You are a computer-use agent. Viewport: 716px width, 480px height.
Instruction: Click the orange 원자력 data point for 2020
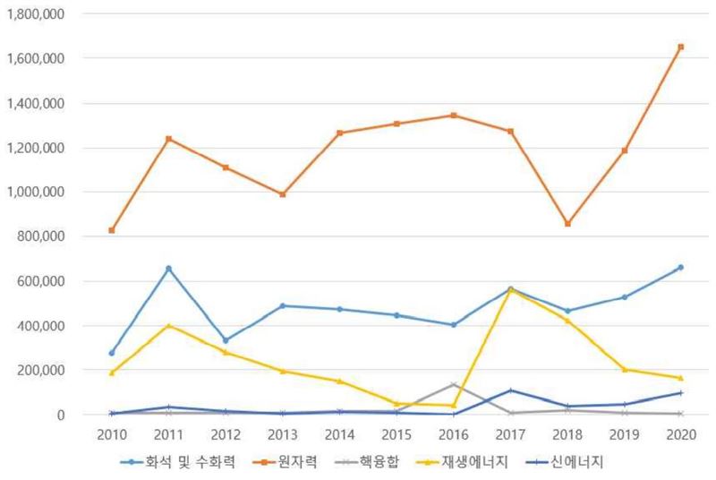pos(680,47)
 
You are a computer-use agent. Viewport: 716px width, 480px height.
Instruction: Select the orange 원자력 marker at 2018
pos(567,224)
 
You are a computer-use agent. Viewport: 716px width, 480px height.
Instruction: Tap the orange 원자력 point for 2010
pos(112,230)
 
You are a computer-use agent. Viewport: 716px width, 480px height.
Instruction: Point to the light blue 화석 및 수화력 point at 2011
pos(168,269)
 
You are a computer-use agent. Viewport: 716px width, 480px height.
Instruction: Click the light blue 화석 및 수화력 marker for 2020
pos(680,267)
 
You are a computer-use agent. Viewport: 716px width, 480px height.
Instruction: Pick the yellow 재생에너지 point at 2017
pos(510,289)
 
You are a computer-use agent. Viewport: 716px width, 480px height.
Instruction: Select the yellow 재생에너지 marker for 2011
pos(168,326)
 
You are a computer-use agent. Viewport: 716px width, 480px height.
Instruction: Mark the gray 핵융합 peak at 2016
pos(453,385)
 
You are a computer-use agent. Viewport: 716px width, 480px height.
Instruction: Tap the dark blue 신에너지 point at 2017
pos(510,390)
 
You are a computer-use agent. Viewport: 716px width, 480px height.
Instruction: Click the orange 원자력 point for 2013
pos(283,194)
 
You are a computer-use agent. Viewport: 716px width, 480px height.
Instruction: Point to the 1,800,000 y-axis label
pos(37,14)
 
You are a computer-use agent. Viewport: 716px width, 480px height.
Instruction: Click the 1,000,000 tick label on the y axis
pos(37,192)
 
